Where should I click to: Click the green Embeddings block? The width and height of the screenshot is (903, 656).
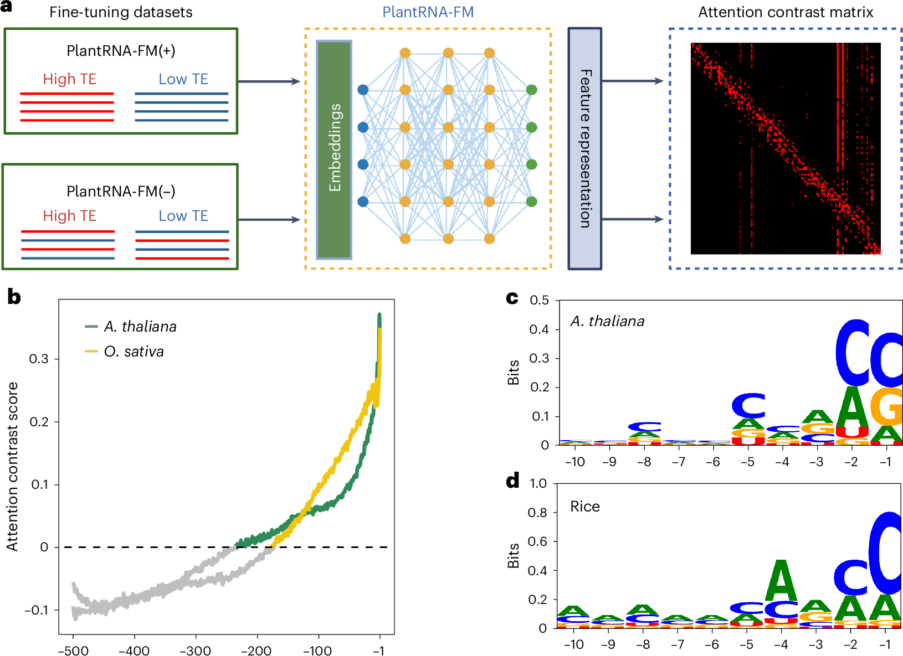[334, 149]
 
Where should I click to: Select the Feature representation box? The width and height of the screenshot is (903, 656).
[584, 149]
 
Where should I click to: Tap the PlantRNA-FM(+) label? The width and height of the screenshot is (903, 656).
[121, 51]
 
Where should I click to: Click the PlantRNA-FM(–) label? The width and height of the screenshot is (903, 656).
[121, 192]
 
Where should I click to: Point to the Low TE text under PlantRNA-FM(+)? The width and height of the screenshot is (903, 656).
[183, 79]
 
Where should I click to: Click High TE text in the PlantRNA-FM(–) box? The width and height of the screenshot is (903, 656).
[70, 216]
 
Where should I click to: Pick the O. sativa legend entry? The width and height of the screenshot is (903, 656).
[133, 352]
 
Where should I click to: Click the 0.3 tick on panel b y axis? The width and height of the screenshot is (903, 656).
[39, 359]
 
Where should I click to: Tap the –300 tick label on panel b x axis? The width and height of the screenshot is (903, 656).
[195, 650]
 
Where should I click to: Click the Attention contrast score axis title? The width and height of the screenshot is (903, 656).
[12, 466]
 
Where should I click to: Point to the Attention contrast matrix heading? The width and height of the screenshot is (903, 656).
[785, 12]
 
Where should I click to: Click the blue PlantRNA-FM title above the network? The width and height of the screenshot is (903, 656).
[428, 12]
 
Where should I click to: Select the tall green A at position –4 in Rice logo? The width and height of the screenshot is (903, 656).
[781, 581]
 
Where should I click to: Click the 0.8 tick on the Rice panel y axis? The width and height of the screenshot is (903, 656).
[537, 513]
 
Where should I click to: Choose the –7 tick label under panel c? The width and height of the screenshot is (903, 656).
[678, 462]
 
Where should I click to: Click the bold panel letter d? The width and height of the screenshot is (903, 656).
[512, 481]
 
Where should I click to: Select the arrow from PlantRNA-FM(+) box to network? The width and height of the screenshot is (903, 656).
[269, 81]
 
